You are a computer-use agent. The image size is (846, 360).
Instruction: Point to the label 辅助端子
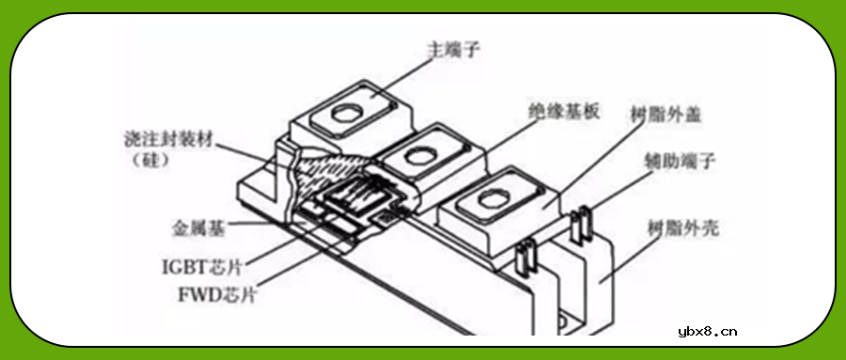point(681,163)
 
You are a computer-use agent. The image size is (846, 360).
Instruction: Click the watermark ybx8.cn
point(707,331)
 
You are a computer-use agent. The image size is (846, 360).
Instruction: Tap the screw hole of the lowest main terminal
point(489,200)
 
